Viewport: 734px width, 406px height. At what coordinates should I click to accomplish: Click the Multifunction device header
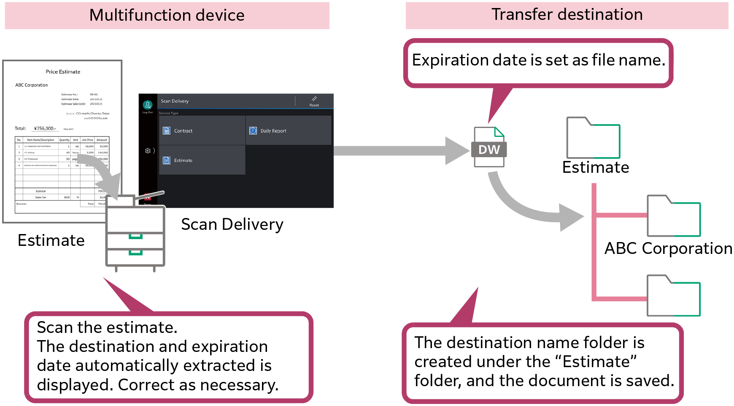(167, 16)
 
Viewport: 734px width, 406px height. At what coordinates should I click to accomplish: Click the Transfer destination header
(567, 15)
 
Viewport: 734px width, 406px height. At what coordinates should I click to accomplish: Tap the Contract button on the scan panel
(202, 131)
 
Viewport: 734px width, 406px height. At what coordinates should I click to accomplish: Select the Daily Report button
(288, 131)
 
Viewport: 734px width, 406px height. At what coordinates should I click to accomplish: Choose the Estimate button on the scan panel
(202, 161)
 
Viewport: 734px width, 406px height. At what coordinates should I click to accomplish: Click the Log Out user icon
(148, 105)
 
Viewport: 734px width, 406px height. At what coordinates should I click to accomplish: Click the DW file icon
(489, 148)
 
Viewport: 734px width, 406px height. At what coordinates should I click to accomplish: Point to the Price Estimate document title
(63, 72)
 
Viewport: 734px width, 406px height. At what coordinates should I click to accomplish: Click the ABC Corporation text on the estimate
(32, 85)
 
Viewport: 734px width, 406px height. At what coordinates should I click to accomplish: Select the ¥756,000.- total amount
(45, 128)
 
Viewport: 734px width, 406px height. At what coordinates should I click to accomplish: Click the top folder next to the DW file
(593, 138)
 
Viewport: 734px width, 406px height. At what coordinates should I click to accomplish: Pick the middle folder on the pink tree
(674, 216)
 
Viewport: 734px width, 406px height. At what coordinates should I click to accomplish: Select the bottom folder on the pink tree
(674, 296)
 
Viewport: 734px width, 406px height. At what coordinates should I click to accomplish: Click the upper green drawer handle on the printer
(135, 237)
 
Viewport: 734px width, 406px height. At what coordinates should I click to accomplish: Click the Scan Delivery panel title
(175, 101)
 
